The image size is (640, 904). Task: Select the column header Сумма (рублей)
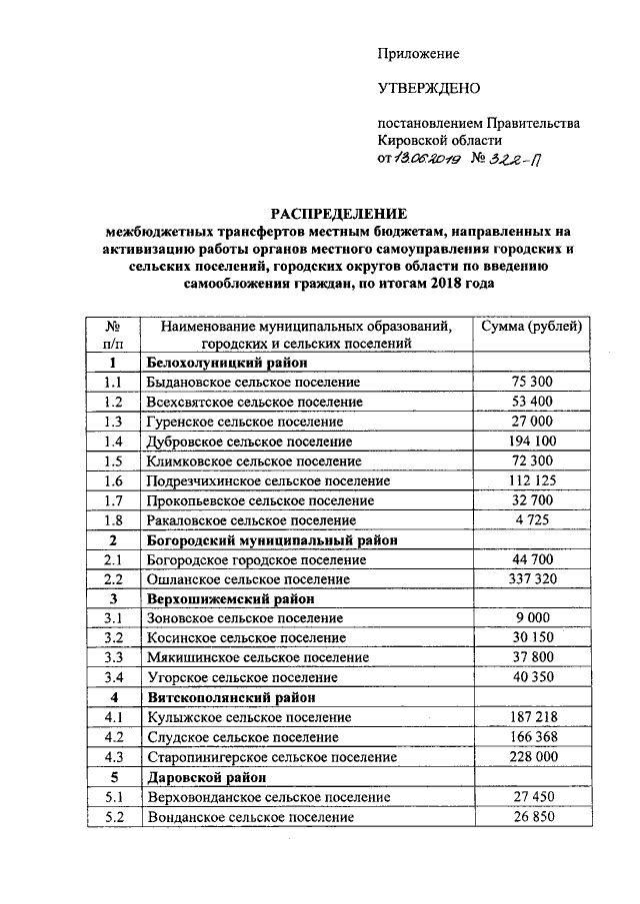(x=531, y=326)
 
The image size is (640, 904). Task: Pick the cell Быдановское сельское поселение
(x=253, y=383)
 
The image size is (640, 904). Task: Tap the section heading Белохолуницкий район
(x=226, y=363)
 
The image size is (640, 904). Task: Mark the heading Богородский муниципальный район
(x=272, y=539)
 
